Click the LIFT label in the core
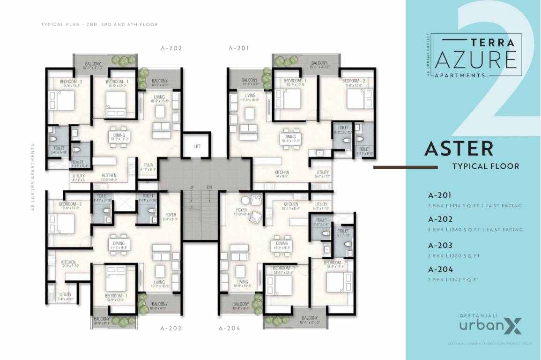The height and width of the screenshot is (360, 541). click(197, 146)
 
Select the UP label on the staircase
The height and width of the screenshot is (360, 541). click(192, 187)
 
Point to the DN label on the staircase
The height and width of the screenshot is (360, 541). click(209, 187)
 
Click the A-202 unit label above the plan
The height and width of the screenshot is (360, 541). click(171, 48)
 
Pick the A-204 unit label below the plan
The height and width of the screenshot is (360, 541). click(230, 328)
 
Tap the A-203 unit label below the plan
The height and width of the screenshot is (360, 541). click(171, 328)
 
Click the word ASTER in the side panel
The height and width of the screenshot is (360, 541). click(459, 149)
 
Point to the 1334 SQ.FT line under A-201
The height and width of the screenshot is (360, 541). click(474, 205)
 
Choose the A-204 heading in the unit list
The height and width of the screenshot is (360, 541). click(440, 270)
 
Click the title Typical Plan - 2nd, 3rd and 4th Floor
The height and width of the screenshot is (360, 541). click(100, 24)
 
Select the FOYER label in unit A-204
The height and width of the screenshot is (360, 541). click(242, 212)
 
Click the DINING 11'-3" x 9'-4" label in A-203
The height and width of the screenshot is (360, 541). click(119, 245)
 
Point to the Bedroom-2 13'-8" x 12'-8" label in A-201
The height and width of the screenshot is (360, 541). click(356, 83)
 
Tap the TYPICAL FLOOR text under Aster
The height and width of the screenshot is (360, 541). click(485, 166)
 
